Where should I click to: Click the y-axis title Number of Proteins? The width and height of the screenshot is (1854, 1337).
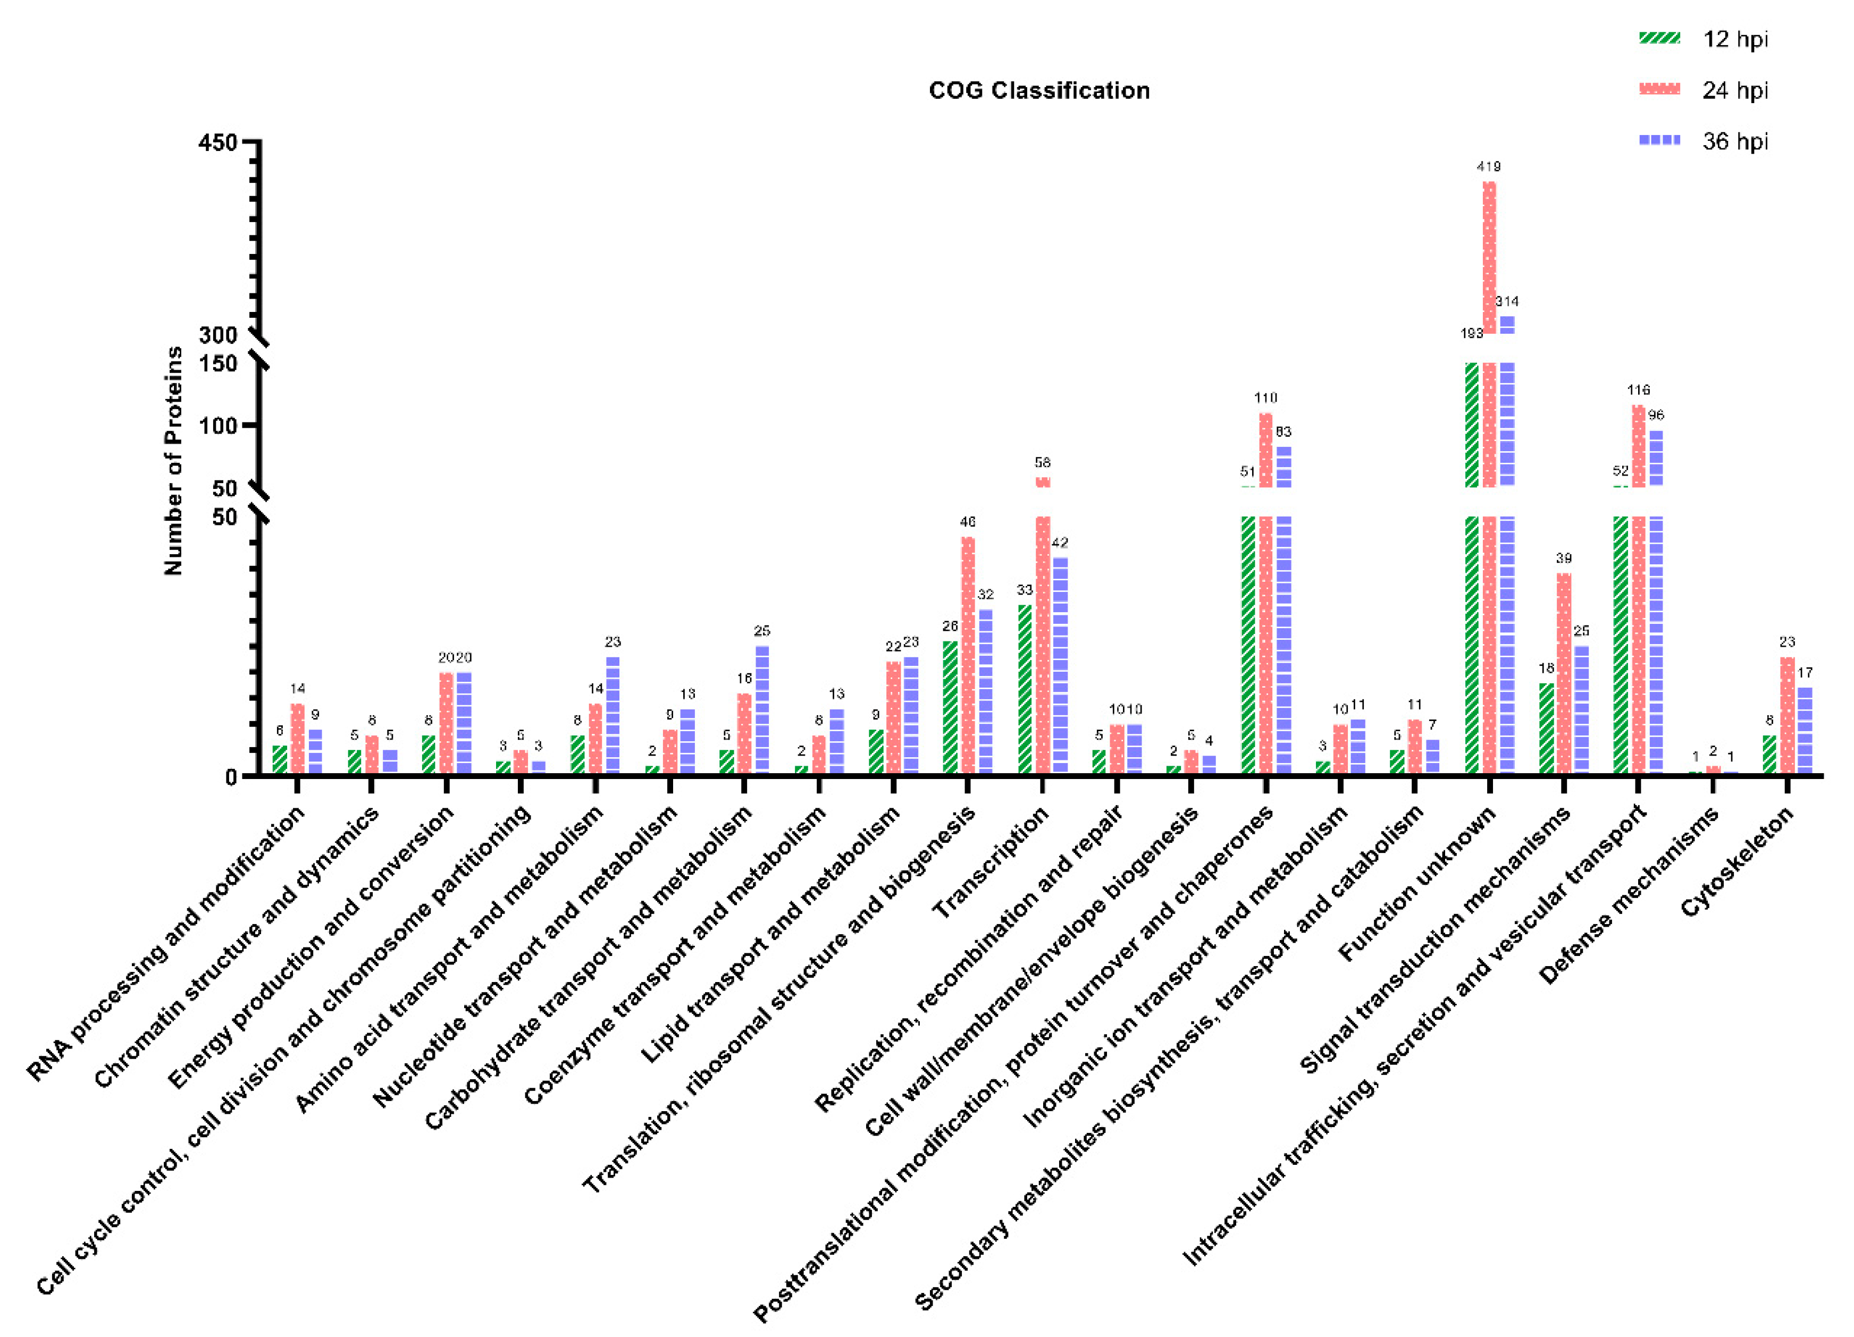coord(173,460)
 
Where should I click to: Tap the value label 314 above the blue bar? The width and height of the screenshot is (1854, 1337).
coord(1507,301)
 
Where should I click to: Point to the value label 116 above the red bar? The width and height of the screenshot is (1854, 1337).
coord(1638,390)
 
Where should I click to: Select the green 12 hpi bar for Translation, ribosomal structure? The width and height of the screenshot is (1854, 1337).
coord(950,707)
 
